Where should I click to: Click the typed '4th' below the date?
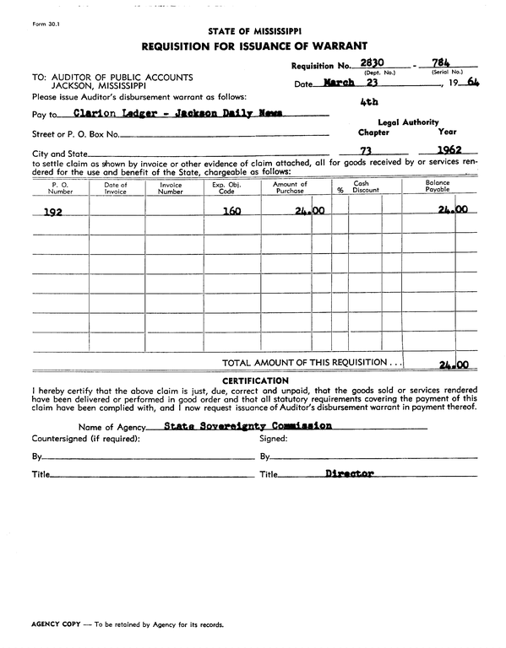[368, 101]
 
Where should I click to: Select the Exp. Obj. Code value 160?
[231, 212]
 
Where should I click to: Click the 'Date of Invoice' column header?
[116, 187]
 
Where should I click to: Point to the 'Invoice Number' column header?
[171, 187]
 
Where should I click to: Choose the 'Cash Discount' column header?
[366, 187]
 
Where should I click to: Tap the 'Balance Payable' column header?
[438, 186]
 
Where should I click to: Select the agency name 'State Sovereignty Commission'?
[248, 426]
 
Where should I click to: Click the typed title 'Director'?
[349, 474]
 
